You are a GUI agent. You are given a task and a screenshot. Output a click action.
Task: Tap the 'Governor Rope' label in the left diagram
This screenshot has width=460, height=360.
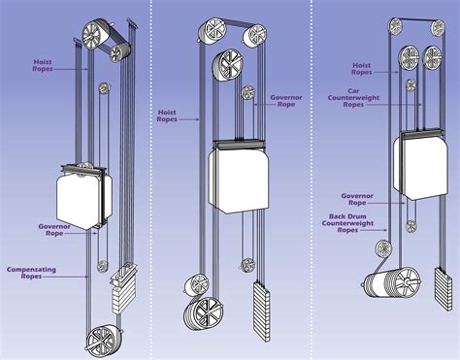click(x=54, y=230)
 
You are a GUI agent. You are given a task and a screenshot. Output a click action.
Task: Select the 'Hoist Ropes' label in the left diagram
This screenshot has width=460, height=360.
click(x=44, y=65)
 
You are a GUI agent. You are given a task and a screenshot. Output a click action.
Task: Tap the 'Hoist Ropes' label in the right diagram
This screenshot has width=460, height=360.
click(x=360, y=68)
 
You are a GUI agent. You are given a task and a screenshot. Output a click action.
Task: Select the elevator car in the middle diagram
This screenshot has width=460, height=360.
click(x=237, y=180)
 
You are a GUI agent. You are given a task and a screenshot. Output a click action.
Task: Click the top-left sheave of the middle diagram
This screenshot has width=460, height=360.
click(x=215, y=32)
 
